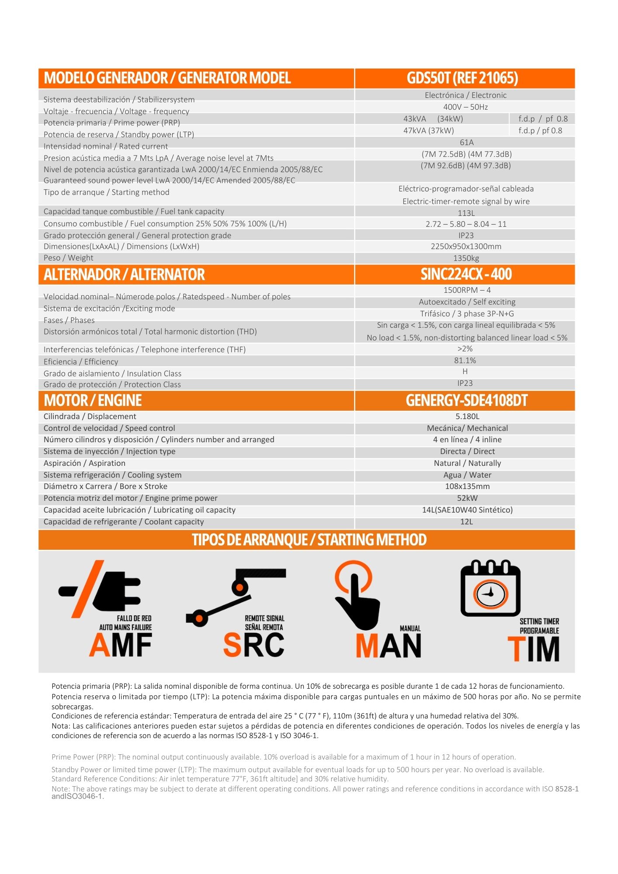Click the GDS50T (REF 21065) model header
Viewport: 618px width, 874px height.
tap(462, 78)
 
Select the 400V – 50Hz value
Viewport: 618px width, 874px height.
tap(465, 107)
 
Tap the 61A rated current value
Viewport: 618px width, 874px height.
tap(466, 142)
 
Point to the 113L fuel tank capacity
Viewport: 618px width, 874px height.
tap(466, 213)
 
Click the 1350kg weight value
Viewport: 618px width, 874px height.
tap(466, 258)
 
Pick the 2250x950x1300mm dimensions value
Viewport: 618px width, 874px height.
tap(466, 246)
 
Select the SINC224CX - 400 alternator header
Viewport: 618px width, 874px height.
tap(466, 274)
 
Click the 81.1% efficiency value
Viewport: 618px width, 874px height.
tap(465, 361)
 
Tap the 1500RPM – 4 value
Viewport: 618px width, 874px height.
tap(467, 290)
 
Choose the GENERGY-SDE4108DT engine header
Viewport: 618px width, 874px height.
tap(466, 401)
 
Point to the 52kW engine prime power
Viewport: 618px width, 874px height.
tap(467, 498)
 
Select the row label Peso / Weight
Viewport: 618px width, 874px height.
tap(69, 258)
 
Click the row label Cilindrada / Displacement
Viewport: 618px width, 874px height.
tap(90, 416)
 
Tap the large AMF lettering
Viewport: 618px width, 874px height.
tap(121, 645)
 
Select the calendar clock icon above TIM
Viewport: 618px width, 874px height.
tap(490, 589)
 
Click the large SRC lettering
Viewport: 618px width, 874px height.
tap(253, 645)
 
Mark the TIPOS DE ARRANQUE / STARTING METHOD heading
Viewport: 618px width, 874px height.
tap(309, 540)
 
